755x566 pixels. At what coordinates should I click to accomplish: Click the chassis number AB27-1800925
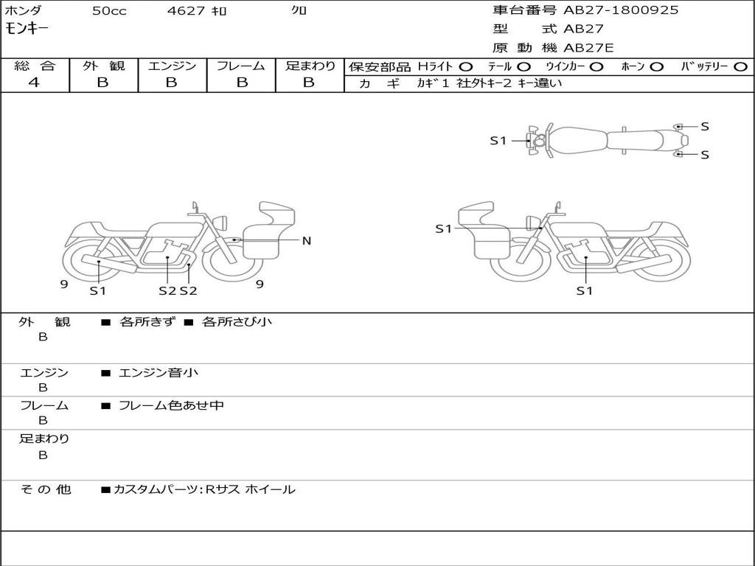coord(621,10)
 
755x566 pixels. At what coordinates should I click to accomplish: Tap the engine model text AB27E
coord(588,48)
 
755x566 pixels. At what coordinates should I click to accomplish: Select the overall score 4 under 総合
coord(34,83)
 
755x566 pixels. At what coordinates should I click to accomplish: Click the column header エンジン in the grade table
coord(172,66)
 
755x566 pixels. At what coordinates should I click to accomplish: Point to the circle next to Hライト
coord(466,67)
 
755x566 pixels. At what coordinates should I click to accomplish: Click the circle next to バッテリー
coord(740,67)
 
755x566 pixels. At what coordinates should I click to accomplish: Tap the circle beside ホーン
coord(656,67)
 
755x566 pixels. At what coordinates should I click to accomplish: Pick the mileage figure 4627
coord(186,10)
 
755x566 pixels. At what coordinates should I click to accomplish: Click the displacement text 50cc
coord(109,10)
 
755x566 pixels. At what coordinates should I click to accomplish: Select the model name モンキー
coord(27,29)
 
